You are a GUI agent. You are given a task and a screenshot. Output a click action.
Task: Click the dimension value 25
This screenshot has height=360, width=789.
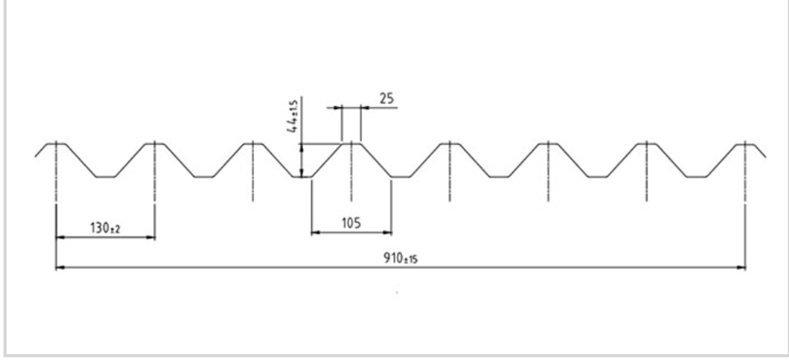pyautogui.click(x=386, y=98)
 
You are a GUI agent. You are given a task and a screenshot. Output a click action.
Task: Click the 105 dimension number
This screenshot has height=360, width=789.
pyautogui.click(x=352, y=223)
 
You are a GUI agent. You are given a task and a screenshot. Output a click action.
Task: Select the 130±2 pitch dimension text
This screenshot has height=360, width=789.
pyautogui.click(x=105, y=228)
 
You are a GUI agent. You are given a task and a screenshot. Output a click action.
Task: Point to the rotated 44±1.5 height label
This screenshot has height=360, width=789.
pyautogui.click(x=293, y=117)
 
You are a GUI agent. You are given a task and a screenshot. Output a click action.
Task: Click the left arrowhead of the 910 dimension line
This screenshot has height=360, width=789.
pyautogui.click(x=60, y=267)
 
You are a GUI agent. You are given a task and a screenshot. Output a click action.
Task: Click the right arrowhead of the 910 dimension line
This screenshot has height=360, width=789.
pyautogui.click(x=741, y=267)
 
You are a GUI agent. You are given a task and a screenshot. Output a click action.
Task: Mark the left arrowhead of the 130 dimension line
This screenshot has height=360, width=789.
pyautogui.click(x=61, y=236)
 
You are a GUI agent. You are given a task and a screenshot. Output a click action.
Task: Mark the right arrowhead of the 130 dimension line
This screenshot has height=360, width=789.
pyautogui.click(x=151, y=236)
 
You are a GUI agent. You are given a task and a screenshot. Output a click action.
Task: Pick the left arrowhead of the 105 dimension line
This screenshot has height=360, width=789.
pyautogui.click(x=315, y=233)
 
